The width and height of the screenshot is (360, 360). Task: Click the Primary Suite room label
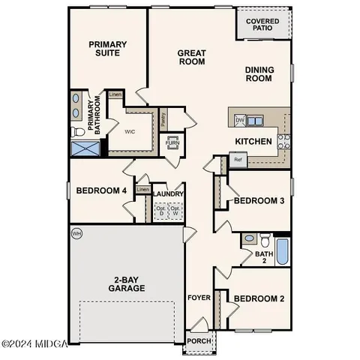click(x=107, y=49)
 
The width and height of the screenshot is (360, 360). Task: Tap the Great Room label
click(x=191, y=58)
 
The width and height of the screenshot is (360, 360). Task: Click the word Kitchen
click(x=253, y=141)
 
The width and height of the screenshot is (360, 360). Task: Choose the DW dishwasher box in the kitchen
click(x=240, y=120)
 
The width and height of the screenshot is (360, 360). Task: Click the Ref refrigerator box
click(x=238, y=160)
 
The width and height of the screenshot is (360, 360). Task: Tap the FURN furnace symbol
click(x=172, y=142)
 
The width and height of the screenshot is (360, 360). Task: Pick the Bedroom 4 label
click(x=101, y=190)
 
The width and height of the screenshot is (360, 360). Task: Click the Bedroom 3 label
click(x=259, y=201)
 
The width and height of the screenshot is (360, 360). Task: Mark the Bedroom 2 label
click(x=259, y=298)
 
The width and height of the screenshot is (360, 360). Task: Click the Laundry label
click(x=169, y=194)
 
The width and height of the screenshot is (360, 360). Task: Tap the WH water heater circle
click(x=76, y=234)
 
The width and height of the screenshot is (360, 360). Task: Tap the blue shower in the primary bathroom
click(x=84, y=147)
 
